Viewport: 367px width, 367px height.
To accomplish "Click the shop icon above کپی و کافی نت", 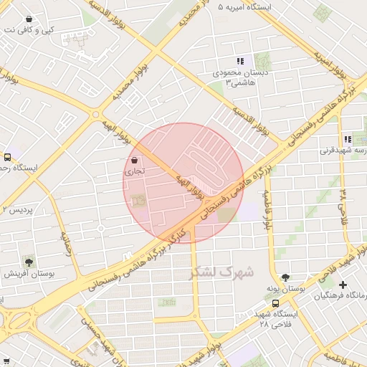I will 28,19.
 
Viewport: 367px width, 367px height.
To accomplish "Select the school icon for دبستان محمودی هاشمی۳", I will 240,62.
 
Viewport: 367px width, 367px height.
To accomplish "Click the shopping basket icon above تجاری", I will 135,161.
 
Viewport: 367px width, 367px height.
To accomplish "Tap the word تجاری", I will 135,172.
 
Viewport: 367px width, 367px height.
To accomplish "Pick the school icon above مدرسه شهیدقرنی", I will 347,140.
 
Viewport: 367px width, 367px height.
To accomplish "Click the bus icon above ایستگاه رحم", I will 7,156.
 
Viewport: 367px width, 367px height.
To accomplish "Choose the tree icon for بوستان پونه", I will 287,276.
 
